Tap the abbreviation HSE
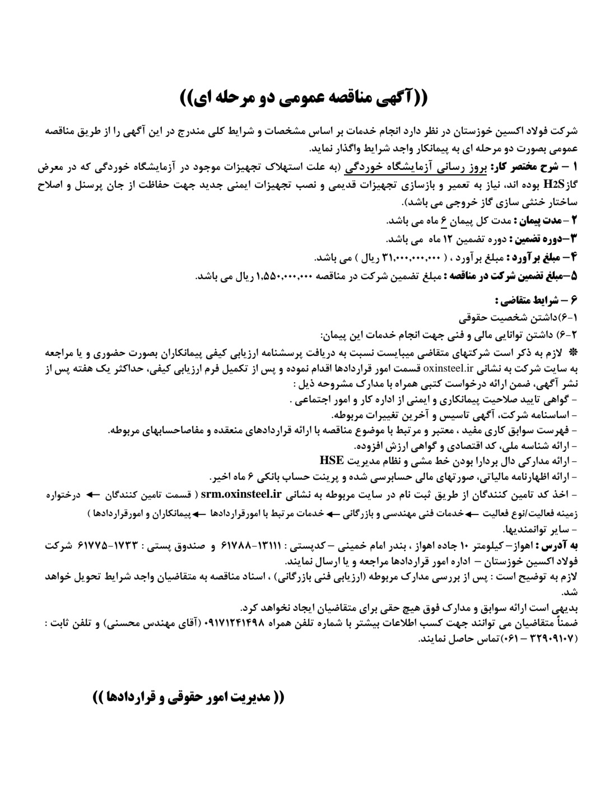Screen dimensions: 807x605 coord(332,461)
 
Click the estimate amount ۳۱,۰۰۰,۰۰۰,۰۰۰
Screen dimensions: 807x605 coord(412,257)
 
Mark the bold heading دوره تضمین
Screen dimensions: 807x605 coord(542,239)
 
